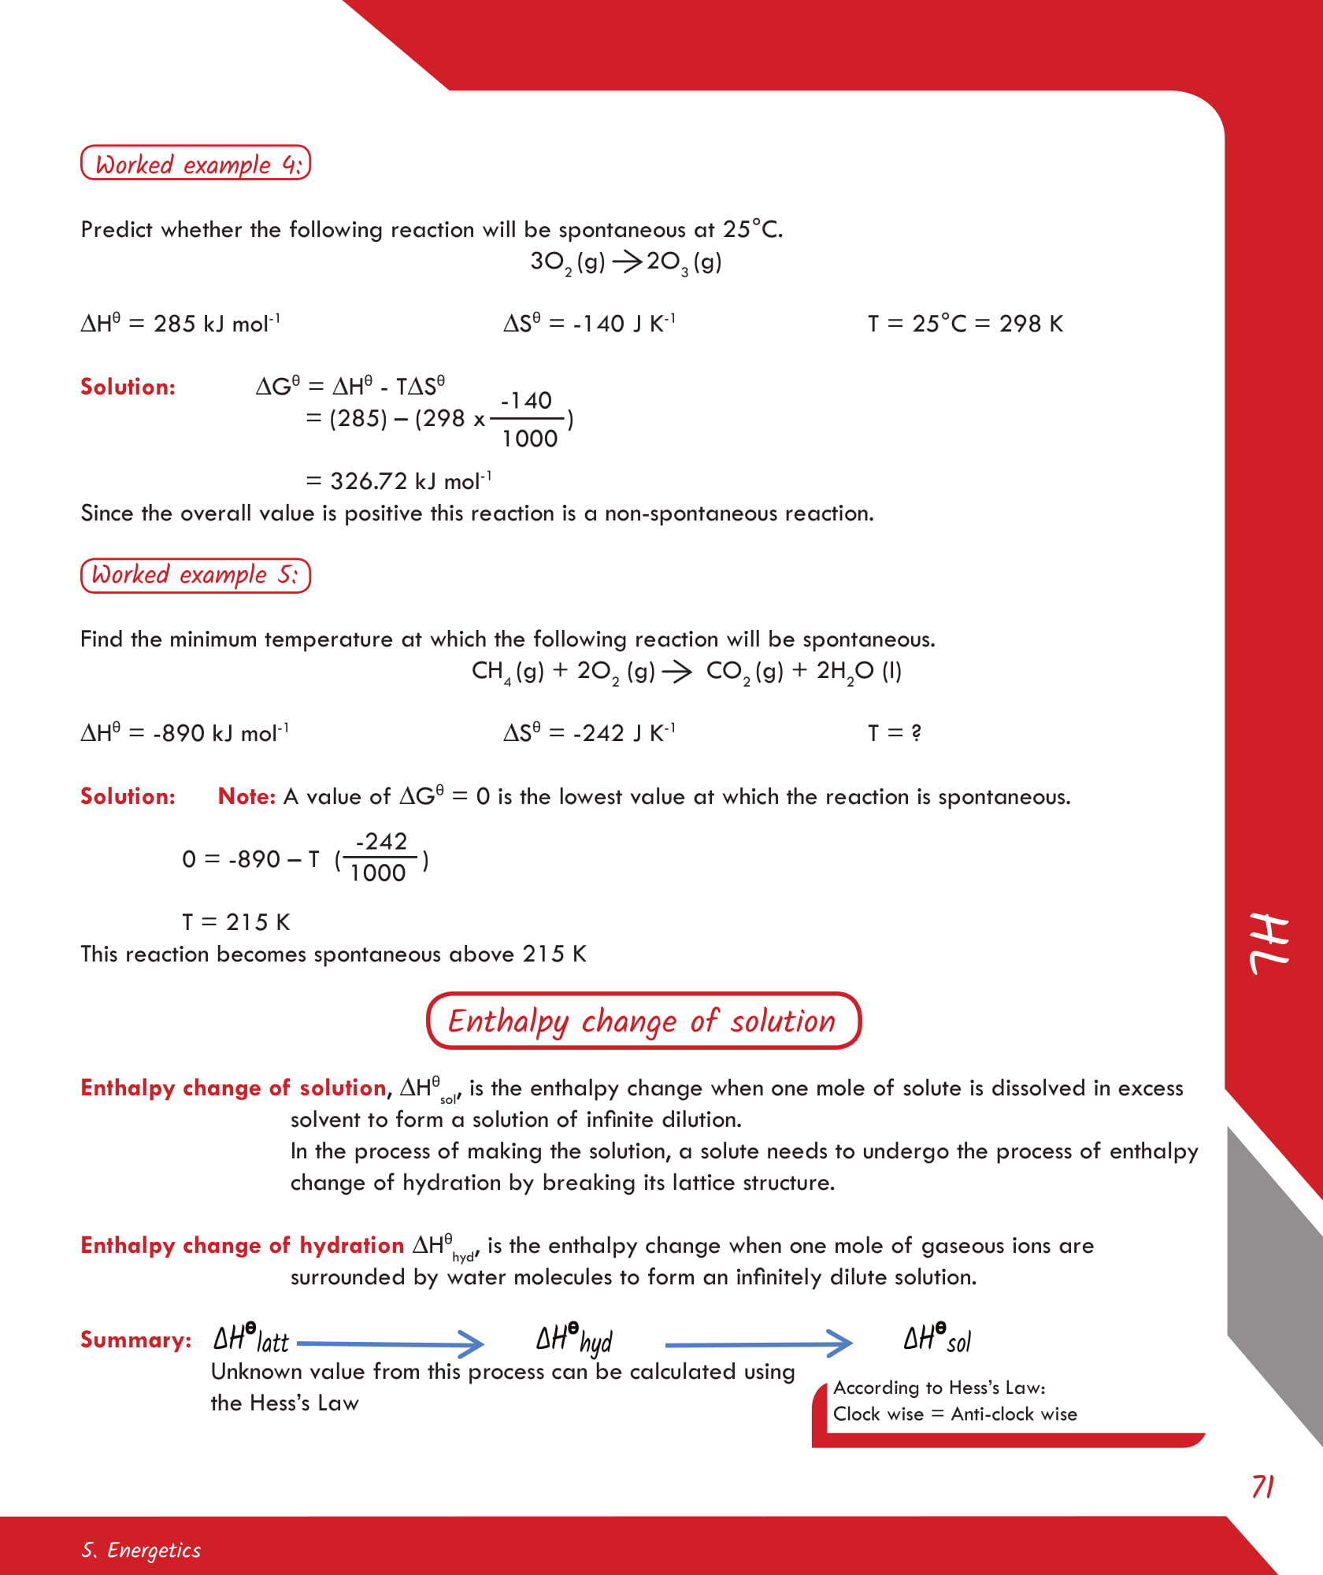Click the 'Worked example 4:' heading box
(x=195, y=163)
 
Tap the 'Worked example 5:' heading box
(x=195, y=575)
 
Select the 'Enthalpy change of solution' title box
(x=643, y=1021)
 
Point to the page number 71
(x=1262, y=1487)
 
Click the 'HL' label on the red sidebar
(x=1269, y=943)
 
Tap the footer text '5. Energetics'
(x=141, y=1550)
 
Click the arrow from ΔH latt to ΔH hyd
(x=390, y=1343)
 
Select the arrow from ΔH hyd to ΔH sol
(x=758, y=1343)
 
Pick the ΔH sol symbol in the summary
(x=936, y=1339)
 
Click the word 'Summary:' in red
(x=135, y=1340)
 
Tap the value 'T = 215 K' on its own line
(x=235, y=922)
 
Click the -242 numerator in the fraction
(x=381, y=842)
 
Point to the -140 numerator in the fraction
(x=526, y=401)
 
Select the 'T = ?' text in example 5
(x=894, y=733)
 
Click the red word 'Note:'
(x=246, y=796)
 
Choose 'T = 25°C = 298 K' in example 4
(x=965, y=324)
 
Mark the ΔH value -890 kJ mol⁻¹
(x=184, y=733)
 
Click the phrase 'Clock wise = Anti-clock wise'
(x=954, y=1414)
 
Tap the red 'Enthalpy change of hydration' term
(x=242, y=1245)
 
